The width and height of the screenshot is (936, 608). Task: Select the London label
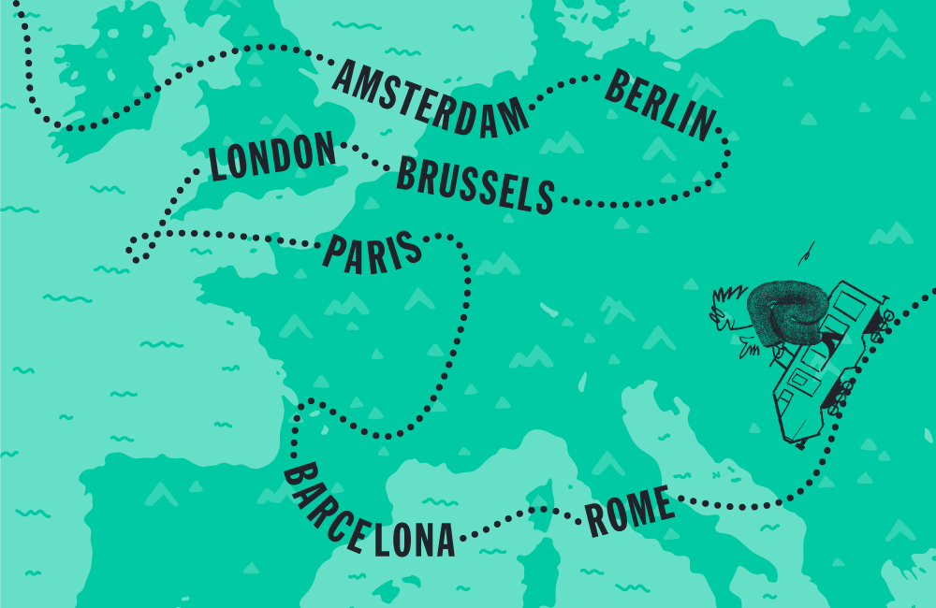tap(271, 156)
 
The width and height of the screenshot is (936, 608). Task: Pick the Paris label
tap(373, 254)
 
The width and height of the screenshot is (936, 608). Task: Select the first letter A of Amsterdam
tap(343, 78)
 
